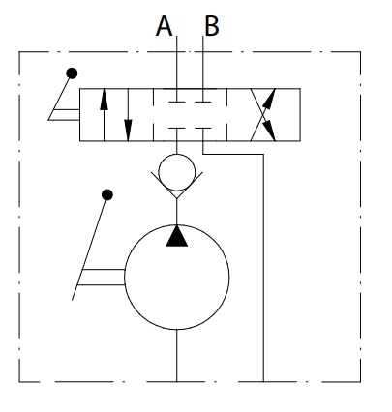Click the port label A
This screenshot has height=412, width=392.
tap(164, 26)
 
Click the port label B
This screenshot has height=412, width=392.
tap(212, 26)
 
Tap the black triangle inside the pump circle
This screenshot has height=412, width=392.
tap(176, 236)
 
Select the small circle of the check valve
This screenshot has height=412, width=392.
tap(177, 154)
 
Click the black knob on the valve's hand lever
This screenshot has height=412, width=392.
tap(72, 74)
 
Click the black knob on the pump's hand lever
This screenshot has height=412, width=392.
tap(107, 194)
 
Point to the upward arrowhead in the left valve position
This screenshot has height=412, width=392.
tap(104, 100)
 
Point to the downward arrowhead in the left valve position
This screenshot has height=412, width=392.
tap(128, 131)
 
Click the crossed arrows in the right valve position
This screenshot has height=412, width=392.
tap(263, 115)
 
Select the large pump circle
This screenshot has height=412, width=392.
tap(177, 225)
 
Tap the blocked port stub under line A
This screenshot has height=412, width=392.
tap(176, 102)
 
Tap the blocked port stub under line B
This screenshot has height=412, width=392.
tap(203, 102)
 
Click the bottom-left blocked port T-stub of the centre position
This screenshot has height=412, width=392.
tap(176, 129)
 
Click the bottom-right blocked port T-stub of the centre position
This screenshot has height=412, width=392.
tap(203, 129)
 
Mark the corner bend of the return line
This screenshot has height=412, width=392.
tap(263, 155)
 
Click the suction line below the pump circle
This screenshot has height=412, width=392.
tap(176, 356)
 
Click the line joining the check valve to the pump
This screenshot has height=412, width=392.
tap(176, 212)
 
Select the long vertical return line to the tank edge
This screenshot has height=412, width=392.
tap(263, 268)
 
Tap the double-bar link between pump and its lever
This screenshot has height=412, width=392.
tap(102, 277)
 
